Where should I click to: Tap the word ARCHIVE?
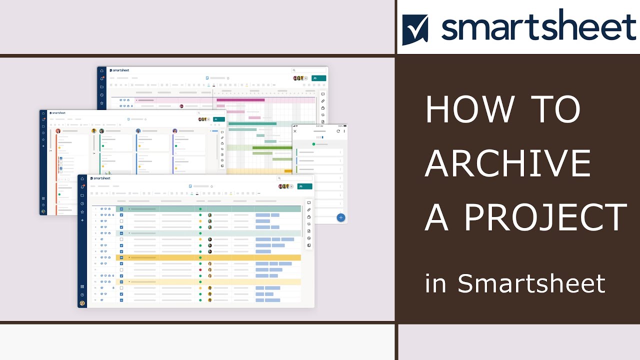click(x=507, y=163)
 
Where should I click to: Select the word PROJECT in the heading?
click(x=545, y=217)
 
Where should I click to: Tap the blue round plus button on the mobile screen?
click(x=340, y=217)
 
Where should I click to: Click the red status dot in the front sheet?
click(x=200, y=269)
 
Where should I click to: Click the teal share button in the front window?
click(x=305, y=186)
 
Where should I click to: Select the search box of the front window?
click(x=295, y=178)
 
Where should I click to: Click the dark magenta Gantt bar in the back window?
click(x=240, y=100)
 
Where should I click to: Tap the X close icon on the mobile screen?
click(x=295, y=131)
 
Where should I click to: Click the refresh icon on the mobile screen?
click(x=338, y=131)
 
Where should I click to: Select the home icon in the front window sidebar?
click(x=82, y=178)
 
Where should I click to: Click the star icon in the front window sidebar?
click(x=82, y=212)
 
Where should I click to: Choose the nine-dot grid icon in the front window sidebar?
click(x=82, y=286)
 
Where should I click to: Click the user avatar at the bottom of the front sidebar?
click(x=82, y=303)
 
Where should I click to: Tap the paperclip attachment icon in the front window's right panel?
click(x=309, y=209)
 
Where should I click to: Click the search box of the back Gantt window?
click(x=309, y=70)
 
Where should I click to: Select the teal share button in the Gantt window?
click(x=318, y=78)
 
